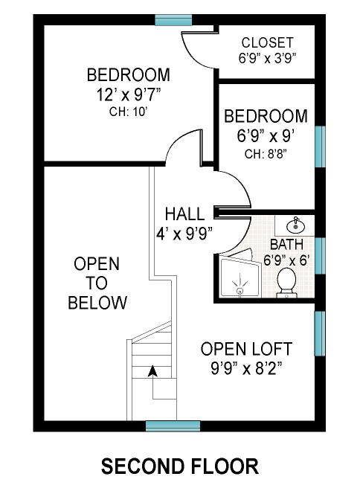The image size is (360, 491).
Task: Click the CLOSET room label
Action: (x=267, y=42)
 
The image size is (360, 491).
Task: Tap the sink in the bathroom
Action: (x=295, y=225)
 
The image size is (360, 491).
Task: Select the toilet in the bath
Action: (x=286, y=283)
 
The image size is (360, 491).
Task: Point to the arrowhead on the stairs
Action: (x=152, y=370)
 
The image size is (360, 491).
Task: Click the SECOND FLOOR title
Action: (x=180, y=466)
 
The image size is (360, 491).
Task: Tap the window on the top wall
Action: (x=173, y=20)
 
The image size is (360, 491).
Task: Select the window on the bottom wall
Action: (x=173, y=426)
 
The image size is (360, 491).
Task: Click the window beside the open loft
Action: (x=320, y=333)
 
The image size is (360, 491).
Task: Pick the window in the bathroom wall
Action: (x=320, y=256)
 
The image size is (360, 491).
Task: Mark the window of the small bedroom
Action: (x=320, y=147)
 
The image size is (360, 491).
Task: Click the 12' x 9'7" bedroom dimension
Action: (x=129, y=94)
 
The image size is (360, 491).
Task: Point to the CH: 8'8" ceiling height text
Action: (x=266, y=154)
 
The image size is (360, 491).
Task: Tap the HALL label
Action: (x=184, y=214)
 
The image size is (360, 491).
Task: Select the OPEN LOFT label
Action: (x=246, y=349)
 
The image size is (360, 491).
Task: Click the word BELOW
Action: (x=97, y=303)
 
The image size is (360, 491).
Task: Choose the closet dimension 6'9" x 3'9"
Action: (x=267, y=58)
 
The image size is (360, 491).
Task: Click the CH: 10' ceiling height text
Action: (x=129, y=112)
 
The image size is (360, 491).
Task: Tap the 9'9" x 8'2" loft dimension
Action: (x=246, y=369)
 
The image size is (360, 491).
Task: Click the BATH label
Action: (x=286, y=245)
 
